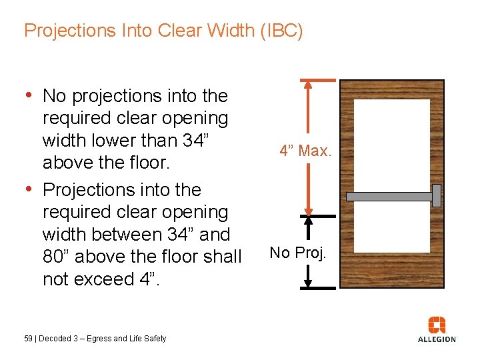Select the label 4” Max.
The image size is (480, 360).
coord(305,151)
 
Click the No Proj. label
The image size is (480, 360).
coord(298,253)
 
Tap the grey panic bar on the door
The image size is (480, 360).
coord(389,197)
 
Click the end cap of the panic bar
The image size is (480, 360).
coord(437,195)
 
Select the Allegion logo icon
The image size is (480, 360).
coord(437,325)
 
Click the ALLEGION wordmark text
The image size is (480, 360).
coord(437,339)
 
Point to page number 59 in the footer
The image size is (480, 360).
coord(28,339)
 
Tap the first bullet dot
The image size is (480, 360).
coord(28,95)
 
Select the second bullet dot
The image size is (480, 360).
coord(28,189)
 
